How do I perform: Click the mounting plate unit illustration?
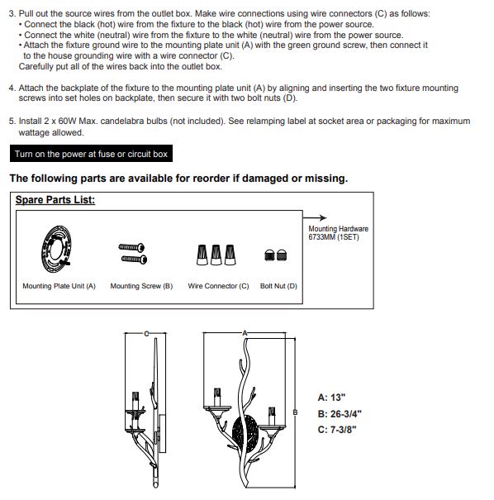point(56,249)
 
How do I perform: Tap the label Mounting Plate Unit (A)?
point(59,286)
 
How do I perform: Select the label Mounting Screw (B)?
point(141,286)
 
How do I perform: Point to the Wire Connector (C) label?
point(218,286)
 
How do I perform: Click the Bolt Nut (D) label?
point(278,286)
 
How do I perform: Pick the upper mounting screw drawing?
point(131,247)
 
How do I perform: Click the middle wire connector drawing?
point(216,255)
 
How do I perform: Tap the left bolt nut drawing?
point(269,255)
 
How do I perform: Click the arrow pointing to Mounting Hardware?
point(315,218)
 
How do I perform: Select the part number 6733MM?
point(321,237)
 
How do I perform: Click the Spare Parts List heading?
point(55,200)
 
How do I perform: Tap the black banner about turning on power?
point(91,154)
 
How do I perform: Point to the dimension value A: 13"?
point(331,398)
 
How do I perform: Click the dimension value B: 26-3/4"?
point(340,414)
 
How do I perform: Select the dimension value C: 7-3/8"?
point(337,430)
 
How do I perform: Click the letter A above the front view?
point(245,333)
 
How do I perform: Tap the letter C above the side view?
point(146,334)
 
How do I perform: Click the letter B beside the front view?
point(295,412)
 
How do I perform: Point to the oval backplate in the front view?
point(245,431)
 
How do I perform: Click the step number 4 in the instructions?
point(12,88)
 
